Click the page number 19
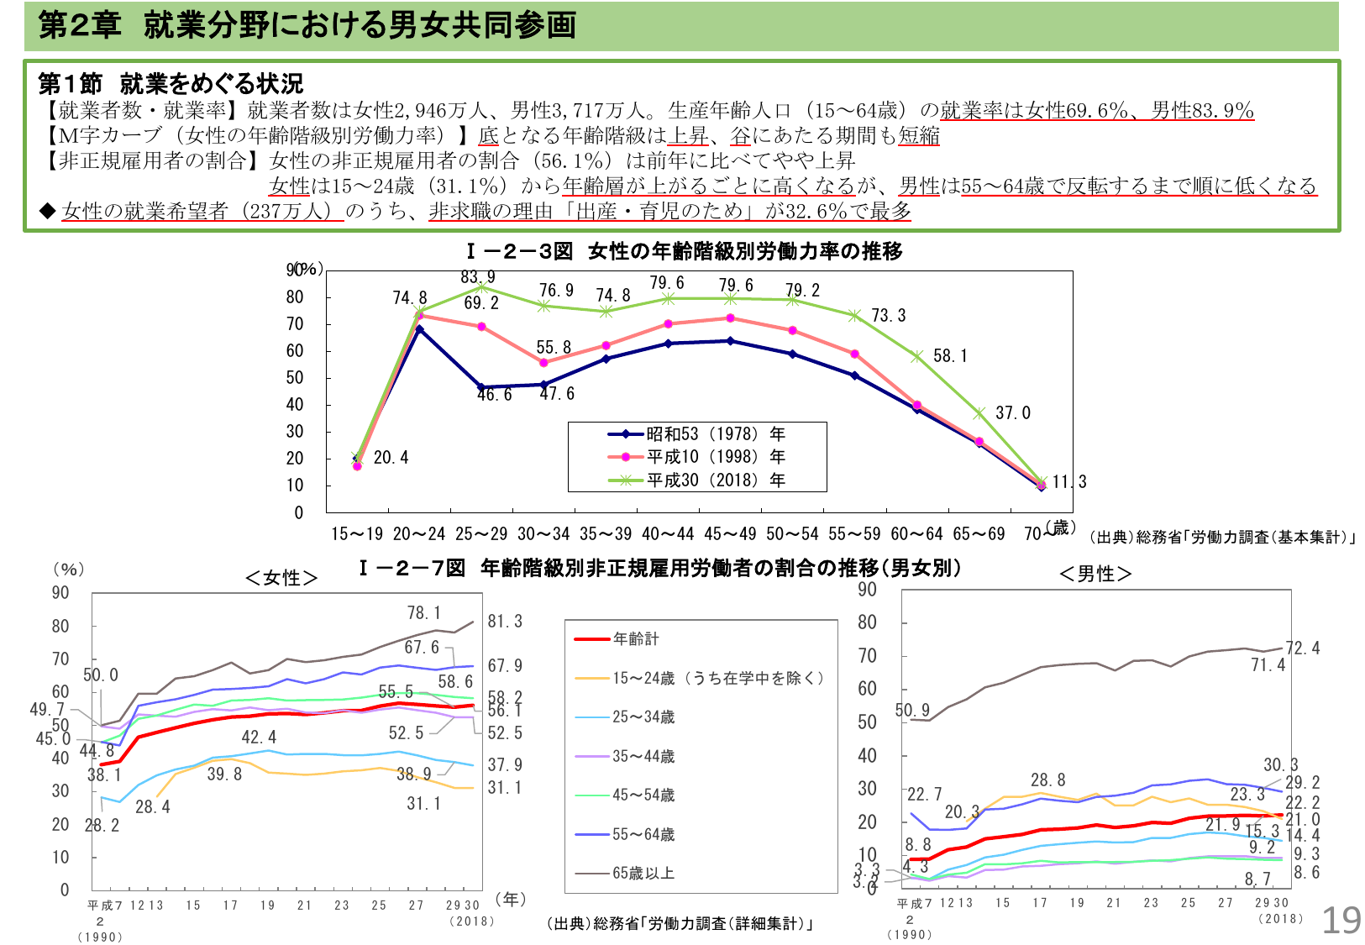pyautogui.click(x=1341, y=921)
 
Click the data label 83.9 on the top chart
pyautogui.click(x=477, y=277)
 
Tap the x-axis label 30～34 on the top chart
pyautogui.click(x=543, y=533)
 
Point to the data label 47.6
pyautogui.click(x=557, y=394)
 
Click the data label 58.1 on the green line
pyautogui.click(x=950, y=356)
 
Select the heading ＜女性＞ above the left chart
pyautogui.click(x=281, y=578)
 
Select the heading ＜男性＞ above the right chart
pyautogui.click(x=1095, y=575)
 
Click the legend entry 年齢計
pyautogui.click(x=635, y=639)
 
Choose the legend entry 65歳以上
pyautogui.click(x=643, y=874)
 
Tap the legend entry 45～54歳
pyautogui.click(x=643, y=795)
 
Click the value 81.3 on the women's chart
pyautogui.click(x=505, y=622)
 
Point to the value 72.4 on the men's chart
pyautogui.click(x=1302, y=648)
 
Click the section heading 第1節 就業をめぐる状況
pyautogui.click(x=171, y=84)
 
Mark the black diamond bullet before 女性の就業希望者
pyautogui.click(x=48, y=211)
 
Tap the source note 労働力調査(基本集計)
pyautogui.click(x=1221, y=538)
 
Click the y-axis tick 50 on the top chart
pyautogui.click(x=295, y=378)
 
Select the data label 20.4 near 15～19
pyautogui.click(x=391, y=458)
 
